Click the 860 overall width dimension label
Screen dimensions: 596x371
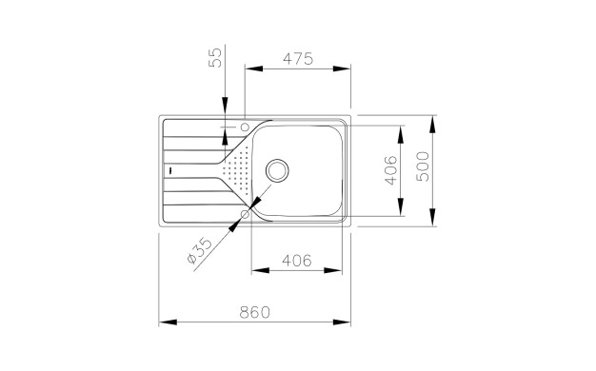pos(254,312)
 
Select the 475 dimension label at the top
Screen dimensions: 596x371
pos(298,59)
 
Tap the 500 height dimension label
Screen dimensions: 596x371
pos(423,166)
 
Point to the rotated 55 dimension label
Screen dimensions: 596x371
pos(215,57)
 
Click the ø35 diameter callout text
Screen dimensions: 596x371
pos(200,250)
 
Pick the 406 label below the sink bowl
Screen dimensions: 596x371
pos(297,261)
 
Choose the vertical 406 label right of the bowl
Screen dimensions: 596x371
pos(390,169)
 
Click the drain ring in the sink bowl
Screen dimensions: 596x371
pos(277,170)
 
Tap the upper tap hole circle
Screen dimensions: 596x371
pos(245,127)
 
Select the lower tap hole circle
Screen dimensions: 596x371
pos(245,215)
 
